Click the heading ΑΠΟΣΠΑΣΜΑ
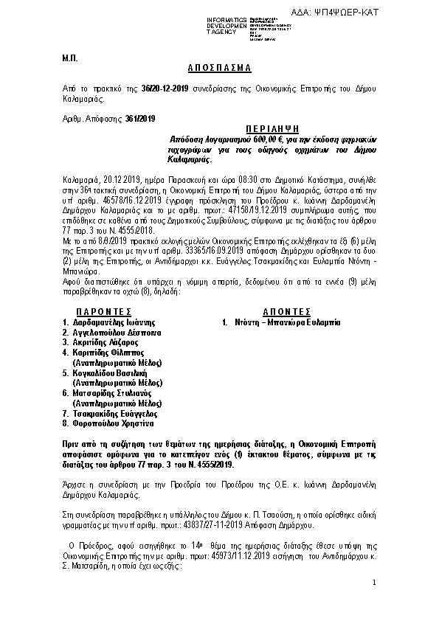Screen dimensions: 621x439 point(219,68)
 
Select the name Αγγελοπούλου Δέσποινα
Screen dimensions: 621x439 point(116,333)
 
